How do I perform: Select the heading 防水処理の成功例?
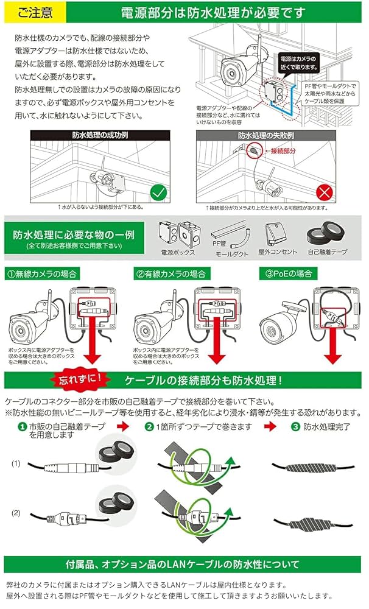99,135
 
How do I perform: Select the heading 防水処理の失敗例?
266,135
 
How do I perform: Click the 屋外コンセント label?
277,251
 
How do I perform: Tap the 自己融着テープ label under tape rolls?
328,251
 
